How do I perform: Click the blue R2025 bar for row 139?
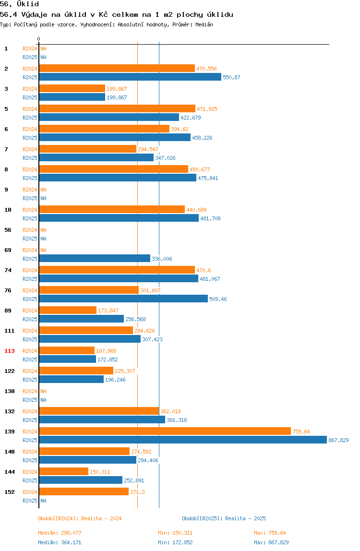point(183,440)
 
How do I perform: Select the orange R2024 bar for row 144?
point(64,472)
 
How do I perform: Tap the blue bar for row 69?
point(95,259)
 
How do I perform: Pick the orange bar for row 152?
point(84,492)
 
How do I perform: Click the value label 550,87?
point(231,77)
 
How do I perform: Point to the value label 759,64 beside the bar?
point(301,431)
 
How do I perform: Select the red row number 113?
point(10,351)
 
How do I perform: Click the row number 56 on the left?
point(8,230)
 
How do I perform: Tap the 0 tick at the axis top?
point(39,39)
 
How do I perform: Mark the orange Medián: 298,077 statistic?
point(60,533)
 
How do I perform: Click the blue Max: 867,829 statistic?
point(271,542)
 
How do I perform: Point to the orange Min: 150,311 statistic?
point(175,533)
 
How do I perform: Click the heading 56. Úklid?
point(19,4)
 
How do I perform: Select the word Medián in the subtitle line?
point(204,24)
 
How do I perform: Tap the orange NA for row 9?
point(43,190)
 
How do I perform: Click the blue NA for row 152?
point(43,501)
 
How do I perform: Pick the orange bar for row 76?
point(89,290)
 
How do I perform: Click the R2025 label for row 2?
point(30,77)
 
